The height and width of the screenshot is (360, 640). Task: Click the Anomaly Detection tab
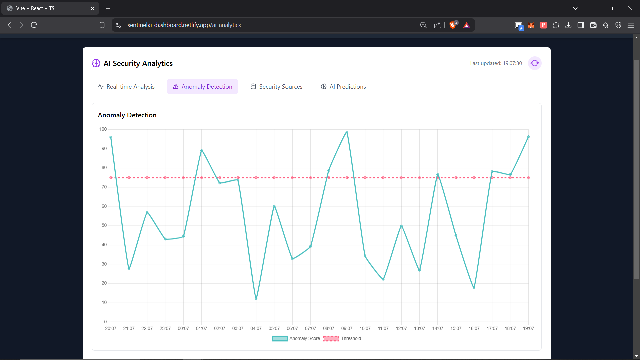(202, 87)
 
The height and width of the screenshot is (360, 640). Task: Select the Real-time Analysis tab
(126, 87)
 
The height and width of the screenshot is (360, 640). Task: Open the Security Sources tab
(276, 87)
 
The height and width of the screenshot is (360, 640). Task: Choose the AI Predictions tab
(343, 87)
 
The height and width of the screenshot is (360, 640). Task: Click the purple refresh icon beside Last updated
(535, 63)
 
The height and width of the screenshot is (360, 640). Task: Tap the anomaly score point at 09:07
(347, 132)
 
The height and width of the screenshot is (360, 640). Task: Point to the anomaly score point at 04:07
(256, 298)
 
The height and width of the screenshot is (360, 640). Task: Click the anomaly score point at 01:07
(201, 151)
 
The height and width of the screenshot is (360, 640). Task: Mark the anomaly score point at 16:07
(474, 288)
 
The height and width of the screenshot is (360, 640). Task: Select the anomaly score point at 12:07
(401, 226)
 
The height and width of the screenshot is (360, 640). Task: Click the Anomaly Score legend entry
(296, 339)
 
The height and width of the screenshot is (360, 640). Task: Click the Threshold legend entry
(342, 339)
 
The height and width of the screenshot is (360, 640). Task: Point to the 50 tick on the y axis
(104, 225)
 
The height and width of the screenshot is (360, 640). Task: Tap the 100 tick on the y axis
(103, 129)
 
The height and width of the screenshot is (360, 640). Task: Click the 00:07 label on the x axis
(183, 329)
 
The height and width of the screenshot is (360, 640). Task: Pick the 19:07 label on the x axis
(528, 329)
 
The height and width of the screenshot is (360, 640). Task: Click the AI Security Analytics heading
(138, 64)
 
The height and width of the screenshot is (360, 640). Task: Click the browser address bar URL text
(184, 25)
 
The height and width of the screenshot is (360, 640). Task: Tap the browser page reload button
(34, 25)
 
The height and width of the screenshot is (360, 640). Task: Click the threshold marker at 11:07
(383, 178)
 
